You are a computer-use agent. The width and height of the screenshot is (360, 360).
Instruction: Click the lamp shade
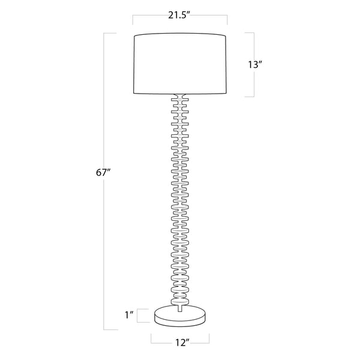click(180, 65)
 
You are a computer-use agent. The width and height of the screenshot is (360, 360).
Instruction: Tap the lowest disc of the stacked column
click(180, 298)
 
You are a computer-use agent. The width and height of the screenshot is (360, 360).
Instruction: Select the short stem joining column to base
click(180, 307)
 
